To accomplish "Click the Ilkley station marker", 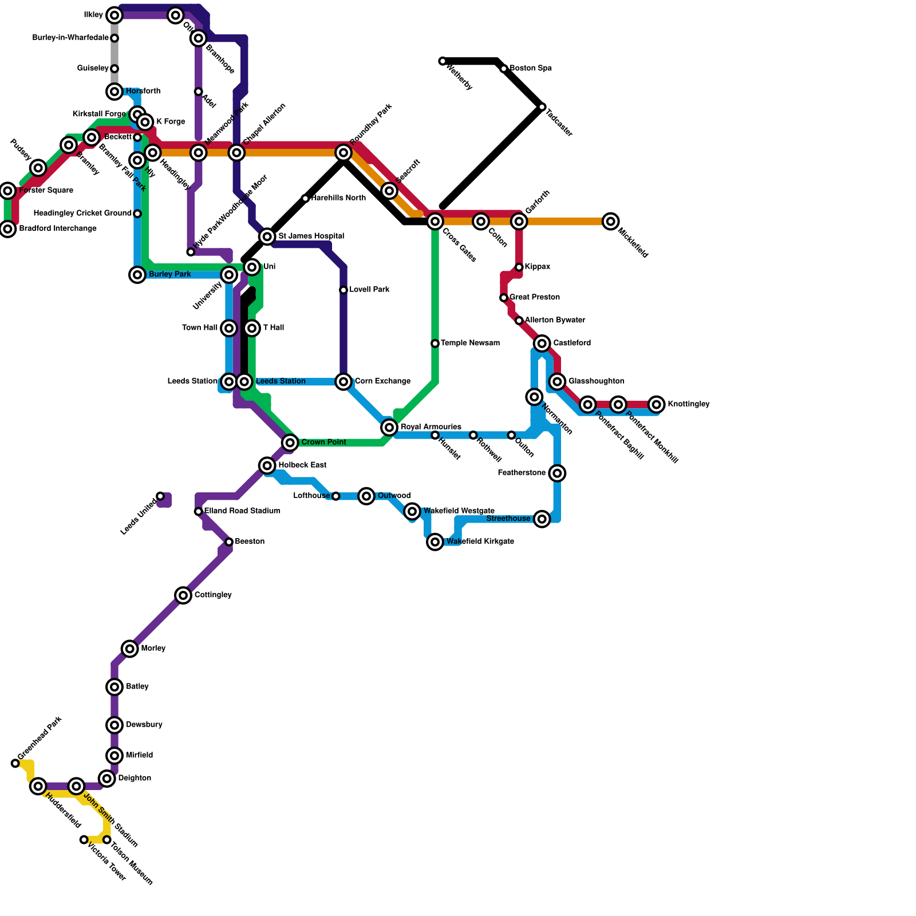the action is pos(114,15).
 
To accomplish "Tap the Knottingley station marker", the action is pos(657,404).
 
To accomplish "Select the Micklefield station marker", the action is pos(611,221).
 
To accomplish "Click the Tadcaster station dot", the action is pos(542,107).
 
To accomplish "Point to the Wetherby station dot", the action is pos(443,61).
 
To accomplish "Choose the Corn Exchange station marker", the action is pos(343,381).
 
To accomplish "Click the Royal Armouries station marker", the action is pos(389,427).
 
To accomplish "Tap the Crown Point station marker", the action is pos(290,443).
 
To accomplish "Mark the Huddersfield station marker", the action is pos(38,786).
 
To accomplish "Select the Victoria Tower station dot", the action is pos(84,839).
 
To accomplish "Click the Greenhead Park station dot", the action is pos(15,763).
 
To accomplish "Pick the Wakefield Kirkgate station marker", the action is pos(435,542).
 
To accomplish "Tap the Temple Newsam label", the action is pos(470,343).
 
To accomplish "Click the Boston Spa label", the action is pos(531,69).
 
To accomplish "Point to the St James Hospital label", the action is pos(311,236).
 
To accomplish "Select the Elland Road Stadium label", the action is pos(242,511).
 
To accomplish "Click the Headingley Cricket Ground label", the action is pos(82,214).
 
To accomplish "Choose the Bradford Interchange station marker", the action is pos(7,229).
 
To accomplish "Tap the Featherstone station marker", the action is pos(557,473).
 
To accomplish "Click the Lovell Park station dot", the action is pos(343,290).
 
